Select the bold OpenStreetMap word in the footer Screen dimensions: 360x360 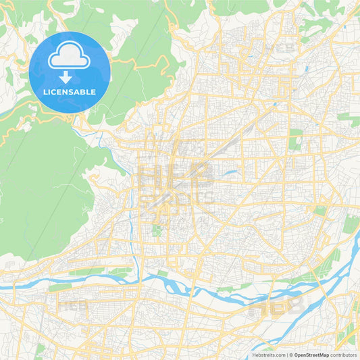click(311, 354)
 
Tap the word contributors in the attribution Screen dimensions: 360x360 click(343, 354)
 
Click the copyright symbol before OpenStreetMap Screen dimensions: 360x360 click(292, 354)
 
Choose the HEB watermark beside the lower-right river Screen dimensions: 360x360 click(277, 307)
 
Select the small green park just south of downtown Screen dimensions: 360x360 click(157, 231)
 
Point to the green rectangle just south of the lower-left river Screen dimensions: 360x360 click(59, 287)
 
